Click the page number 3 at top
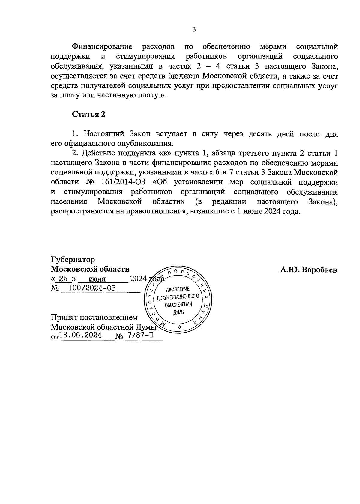coord(194,29)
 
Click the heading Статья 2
coord(88,114)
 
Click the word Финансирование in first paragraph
coord(102,47)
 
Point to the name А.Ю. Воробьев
coord(309,270)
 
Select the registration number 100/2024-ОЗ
coord(92,288)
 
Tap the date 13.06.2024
coord(80,336)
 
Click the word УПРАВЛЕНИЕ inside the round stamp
coord(178,290)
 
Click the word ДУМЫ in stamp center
coord(179,312)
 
